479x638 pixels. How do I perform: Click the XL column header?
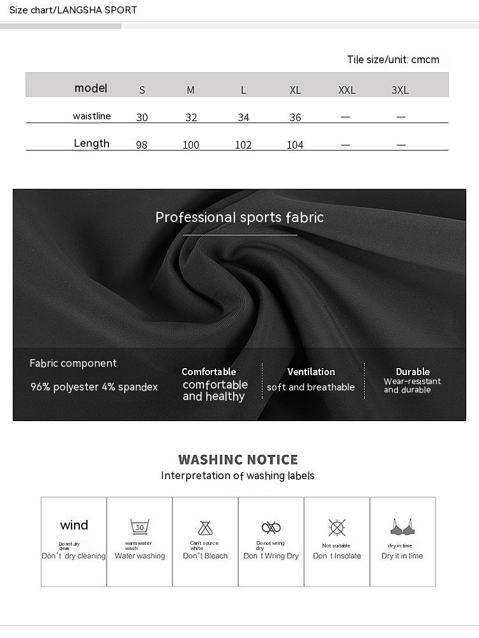[295, 90]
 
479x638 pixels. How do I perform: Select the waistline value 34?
[243, 117]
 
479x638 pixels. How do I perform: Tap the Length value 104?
[295, 145]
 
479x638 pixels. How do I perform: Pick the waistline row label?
[91, 116]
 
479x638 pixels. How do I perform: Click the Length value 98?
[142, 145]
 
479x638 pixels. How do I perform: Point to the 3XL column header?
[400, 90]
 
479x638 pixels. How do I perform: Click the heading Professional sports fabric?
[240, 218]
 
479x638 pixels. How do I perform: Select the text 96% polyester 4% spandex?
[94, 387]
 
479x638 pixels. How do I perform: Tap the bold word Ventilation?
[311, 372]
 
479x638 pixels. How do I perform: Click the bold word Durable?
[413, 372]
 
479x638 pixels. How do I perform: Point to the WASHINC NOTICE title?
[238, 459]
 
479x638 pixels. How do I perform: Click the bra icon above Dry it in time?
[402, 527]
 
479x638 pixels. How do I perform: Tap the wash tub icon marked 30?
[140, 527]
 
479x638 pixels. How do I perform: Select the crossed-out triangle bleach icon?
[205, 528]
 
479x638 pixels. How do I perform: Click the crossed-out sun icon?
[337, 527]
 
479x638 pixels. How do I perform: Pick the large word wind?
[74, 525]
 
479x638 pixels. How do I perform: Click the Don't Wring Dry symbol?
[271, 528]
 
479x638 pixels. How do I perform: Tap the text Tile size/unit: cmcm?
[393, 60]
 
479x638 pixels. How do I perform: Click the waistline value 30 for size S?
[142, 117]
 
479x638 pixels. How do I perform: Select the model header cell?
[91, 88]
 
